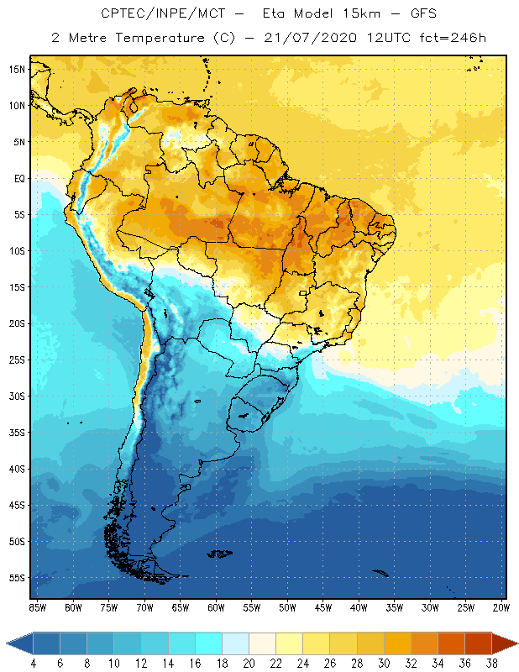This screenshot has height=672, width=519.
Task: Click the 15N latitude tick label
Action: (16, 69)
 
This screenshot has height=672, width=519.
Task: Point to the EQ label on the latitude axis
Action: (17, 178)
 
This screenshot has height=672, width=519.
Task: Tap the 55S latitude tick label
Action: (16, 578)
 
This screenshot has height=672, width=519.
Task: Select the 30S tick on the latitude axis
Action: (16, 396)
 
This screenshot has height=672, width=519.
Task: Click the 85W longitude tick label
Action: (37, 607)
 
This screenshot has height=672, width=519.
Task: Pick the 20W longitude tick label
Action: (500, 607)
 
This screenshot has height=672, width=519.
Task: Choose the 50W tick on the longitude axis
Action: (287, 607)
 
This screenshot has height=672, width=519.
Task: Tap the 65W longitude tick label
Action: (181, 607)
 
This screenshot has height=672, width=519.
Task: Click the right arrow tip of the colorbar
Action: (516, 643)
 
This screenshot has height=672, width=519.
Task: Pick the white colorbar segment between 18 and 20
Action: (236, 643)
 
